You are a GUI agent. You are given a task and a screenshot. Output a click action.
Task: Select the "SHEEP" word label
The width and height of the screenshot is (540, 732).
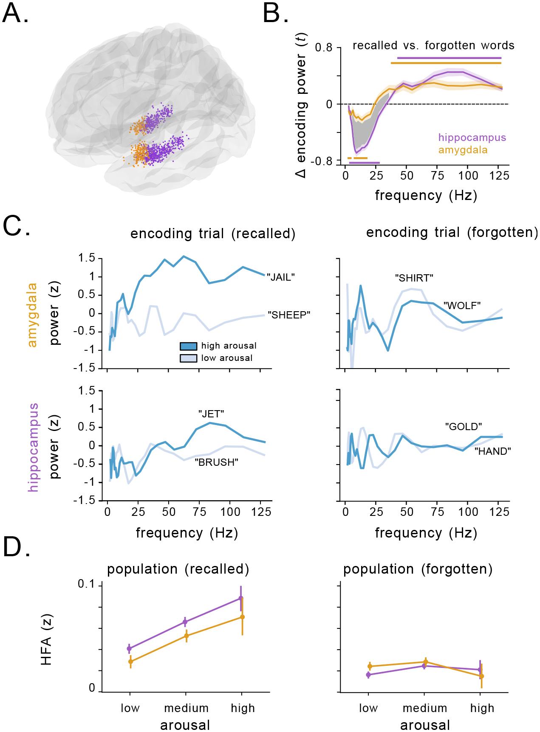tap(289, 315)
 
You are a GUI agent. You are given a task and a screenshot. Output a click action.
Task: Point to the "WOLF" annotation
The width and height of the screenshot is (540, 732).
tap(462, 305)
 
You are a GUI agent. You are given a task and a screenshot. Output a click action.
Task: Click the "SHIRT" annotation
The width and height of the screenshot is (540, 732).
tap(414, 279)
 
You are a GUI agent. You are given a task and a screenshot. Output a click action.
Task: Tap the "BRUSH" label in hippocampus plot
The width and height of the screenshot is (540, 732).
tap(216, 463)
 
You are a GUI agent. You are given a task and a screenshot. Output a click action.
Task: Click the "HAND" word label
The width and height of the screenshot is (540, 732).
tap(492, 452)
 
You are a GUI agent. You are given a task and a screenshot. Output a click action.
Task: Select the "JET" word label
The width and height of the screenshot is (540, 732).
tap(211, 414)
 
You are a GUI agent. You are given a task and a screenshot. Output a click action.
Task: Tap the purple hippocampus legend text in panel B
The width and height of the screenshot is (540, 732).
tap(472, 138)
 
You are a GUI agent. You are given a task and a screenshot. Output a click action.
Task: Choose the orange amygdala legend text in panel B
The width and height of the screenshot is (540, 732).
tap(463, 150)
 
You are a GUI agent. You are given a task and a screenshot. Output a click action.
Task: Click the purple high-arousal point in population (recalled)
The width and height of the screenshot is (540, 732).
tap(241, 598)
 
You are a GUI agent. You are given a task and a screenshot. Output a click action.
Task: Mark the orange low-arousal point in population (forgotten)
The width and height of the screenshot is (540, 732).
tap(369, 666)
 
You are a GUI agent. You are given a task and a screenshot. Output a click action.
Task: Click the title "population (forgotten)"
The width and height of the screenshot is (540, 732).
tap(418, 569)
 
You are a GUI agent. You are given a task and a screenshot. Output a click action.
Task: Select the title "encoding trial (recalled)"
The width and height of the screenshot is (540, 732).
tap(212, 234)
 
